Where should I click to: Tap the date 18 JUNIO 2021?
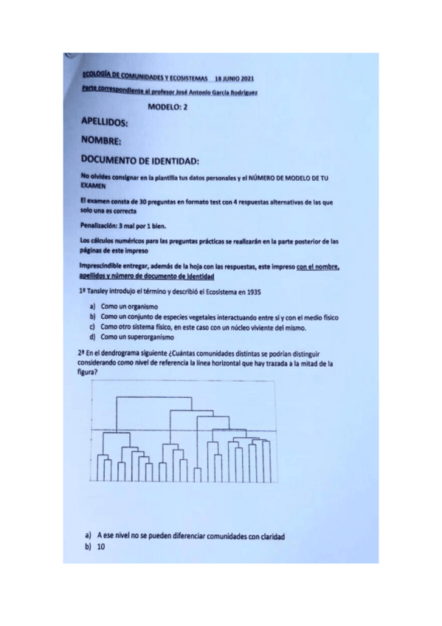[x=235, y=78]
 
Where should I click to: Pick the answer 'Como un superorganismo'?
[x=137, y=337]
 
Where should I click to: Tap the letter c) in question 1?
[x=92, y=326]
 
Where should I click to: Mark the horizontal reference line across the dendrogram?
[x=184, y=430]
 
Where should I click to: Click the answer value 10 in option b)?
[x=101, y=548]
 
